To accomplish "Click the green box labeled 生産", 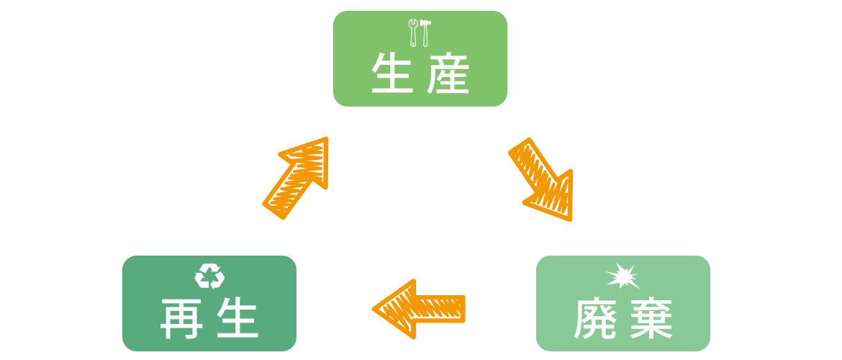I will click(420, 58).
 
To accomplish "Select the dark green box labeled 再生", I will click(209, 303).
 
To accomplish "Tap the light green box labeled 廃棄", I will click(623, 303).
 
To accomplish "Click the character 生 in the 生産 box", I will click(392, 74).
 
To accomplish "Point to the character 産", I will click(448, 74).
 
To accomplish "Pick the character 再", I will click(181, 319).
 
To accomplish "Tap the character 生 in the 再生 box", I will click(237, 319).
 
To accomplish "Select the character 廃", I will click(595, 319).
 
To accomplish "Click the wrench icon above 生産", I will click(413, 32).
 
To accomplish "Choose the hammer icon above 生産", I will click(425, 32).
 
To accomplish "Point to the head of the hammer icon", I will click(426, 24).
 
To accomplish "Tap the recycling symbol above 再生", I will click(209, 276).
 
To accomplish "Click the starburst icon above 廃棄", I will click(623, 276).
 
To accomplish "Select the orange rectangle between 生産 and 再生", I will click(295, 178).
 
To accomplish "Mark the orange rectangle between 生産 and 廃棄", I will click(540, 179).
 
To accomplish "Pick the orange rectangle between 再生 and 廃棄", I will click(418, 308).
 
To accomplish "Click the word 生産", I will click(420, 74).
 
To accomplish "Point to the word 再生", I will click(209, 319).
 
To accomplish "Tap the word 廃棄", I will click(623, 319).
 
